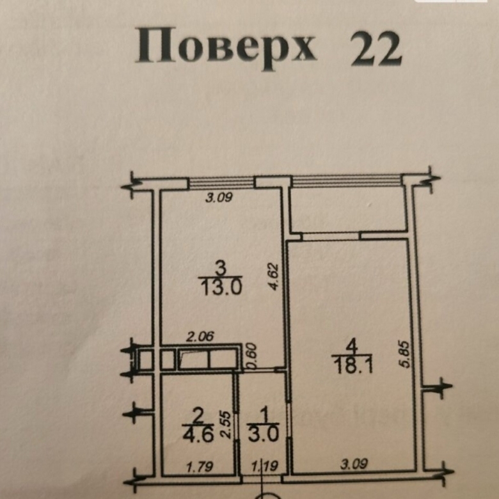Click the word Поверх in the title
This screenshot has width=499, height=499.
226,47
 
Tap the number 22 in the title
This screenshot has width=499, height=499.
376,49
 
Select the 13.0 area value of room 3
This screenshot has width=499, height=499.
221,287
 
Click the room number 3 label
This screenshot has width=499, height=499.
221,268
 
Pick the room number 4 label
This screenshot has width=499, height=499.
351,346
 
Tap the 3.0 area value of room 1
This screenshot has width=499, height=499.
264,434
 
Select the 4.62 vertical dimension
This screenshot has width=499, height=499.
274,276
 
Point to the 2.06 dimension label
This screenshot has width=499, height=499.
200,337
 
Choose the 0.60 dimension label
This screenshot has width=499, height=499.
251,356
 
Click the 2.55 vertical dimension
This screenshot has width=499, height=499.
225,425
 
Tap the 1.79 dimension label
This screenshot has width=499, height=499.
200,467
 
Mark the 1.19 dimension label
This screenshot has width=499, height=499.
265,467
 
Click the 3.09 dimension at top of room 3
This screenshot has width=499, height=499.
219,198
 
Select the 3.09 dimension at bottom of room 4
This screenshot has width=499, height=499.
354,464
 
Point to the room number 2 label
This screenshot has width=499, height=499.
198,416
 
